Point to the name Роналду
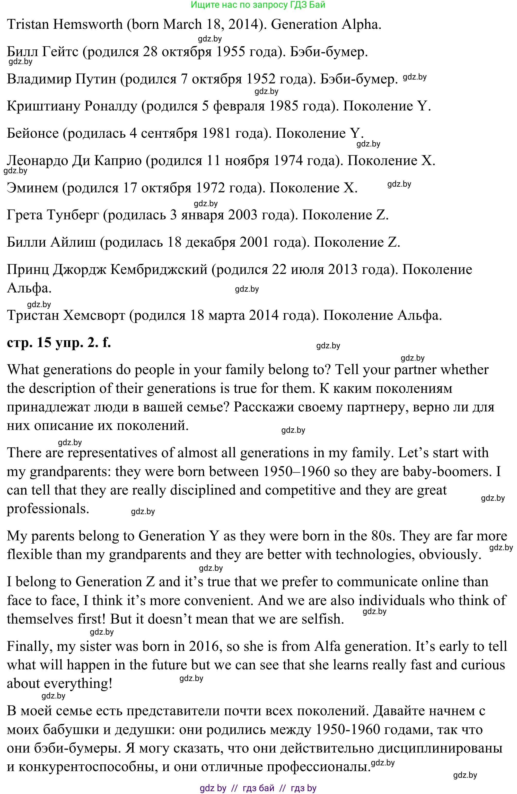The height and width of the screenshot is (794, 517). point(110,106)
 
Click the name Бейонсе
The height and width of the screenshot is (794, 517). point(33,133)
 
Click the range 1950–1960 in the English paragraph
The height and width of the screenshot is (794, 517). point(296,472)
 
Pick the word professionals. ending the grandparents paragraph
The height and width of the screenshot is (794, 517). point(48,509)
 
